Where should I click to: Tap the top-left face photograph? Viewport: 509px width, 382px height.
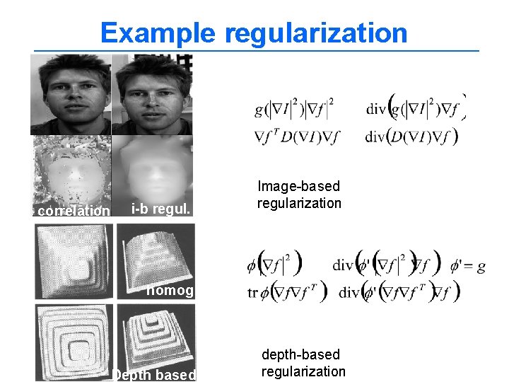(x=71, y=94)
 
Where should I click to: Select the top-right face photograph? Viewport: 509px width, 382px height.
(x=153, y=94)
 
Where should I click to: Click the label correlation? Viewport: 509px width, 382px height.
(x=74, y=211)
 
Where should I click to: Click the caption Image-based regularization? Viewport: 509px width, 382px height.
(x=299, y=195)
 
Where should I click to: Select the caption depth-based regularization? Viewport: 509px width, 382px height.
(x=303, y=363)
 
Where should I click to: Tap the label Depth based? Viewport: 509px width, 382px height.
(x=155, y=375)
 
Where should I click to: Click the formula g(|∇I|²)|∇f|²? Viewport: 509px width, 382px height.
(x=295, y=110)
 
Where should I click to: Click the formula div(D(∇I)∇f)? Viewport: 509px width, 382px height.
(x=412, y=136)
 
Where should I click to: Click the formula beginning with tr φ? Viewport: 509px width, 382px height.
(x=283, y=291)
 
